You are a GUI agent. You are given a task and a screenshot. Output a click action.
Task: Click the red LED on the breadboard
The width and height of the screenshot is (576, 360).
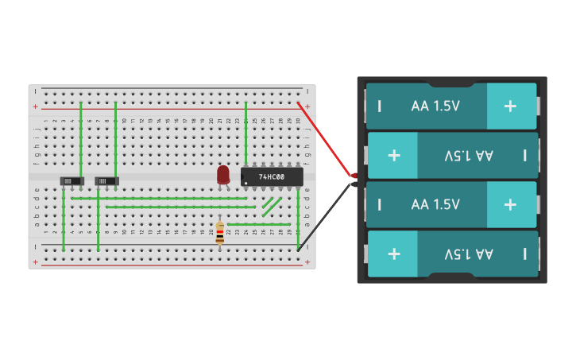(x=223, y=173)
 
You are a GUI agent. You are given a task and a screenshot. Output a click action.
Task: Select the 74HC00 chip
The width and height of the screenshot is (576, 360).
(x=272, y=176)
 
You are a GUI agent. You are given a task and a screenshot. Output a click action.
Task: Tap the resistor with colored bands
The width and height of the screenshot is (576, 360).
(x=220, y=232)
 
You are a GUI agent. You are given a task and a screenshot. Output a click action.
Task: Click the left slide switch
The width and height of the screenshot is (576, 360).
(x=72, y=181)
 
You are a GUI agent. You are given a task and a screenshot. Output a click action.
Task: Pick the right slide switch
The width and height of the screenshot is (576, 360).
(x=106, y=181)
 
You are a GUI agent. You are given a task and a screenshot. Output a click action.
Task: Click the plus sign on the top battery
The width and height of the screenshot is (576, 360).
(x=510, y=106)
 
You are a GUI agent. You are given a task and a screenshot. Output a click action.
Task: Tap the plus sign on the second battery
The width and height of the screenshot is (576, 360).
(x=393, y=155)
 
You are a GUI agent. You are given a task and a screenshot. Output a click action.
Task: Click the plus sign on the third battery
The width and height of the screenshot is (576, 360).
(x=510, y=204)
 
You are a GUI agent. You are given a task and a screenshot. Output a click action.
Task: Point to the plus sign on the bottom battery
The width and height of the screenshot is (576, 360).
(x=393, y=254)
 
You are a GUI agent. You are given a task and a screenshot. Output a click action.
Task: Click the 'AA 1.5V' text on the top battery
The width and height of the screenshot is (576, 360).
(x=435, y=106)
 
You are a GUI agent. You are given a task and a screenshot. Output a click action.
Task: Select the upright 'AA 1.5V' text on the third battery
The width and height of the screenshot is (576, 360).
(x=435, y=204)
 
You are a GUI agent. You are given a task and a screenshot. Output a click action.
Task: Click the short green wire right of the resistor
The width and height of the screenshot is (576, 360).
(x=258, y=224)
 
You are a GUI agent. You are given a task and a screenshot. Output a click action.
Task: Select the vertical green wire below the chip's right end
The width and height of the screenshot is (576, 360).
(x=298, y=219)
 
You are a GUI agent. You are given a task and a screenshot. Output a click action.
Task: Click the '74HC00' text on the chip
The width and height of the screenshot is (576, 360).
(x=273, y=176)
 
